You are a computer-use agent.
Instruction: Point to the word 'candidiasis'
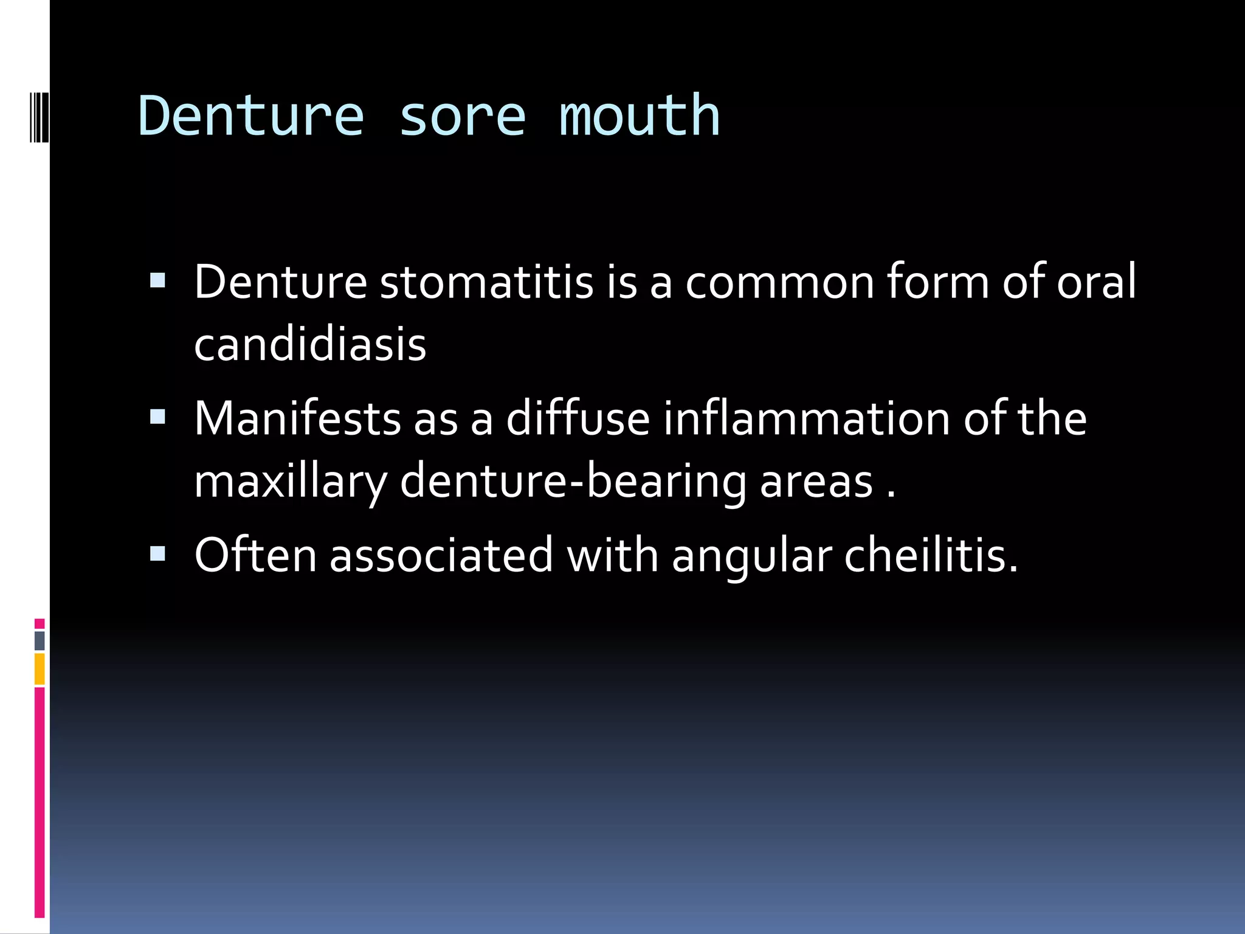(x=310, y=344)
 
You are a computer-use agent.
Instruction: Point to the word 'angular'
(x=752, y=556)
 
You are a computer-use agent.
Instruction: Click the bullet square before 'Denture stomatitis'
(x=157, y=280)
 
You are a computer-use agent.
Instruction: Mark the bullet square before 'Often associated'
(x=157, y=553)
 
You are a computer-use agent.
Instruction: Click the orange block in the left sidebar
(x=40, y=669)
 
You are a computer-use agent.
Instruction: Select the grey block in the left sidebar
(x=40, y=640)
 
